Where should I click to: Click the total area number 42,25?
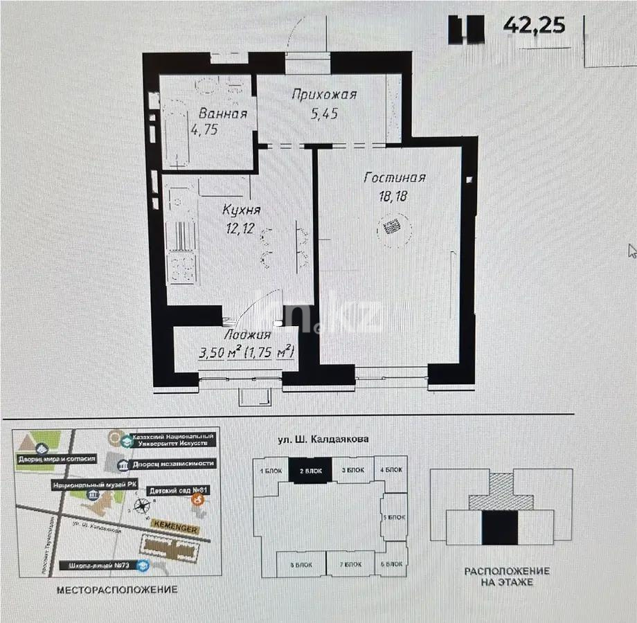tap(534, 25)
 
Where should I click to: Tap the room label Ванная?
tap(222, 114)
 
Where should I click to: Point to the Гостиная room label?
tap(395, 178)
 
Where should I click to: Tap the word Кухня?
tap(241, 209)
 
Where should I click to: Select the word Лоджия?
tap(247, 336)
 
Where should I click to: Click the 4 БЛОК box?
tap(392, 470)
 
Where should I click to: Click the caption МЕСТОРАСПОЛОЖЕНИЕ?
tap(117, 590)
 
